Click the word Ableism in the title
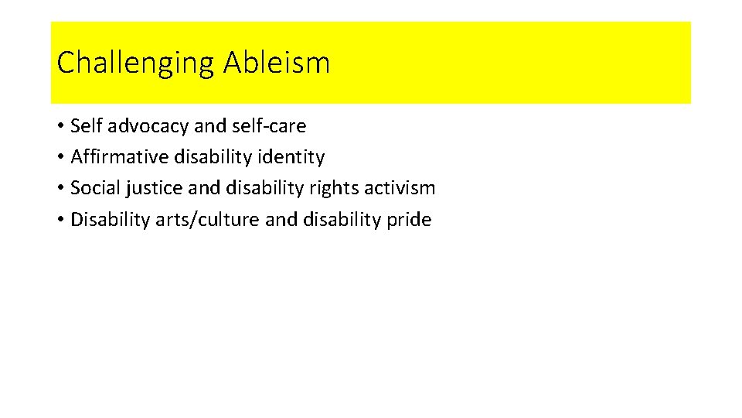point(277,63)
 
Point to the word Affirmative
point(119,157)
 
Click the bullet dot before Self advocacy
point(60,126)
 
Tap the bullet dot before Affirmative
point(60,158)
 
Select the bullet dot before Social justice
point(60,189)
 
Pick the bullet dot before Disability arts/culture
point(60,221)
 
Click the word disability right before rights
point(260,188)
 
